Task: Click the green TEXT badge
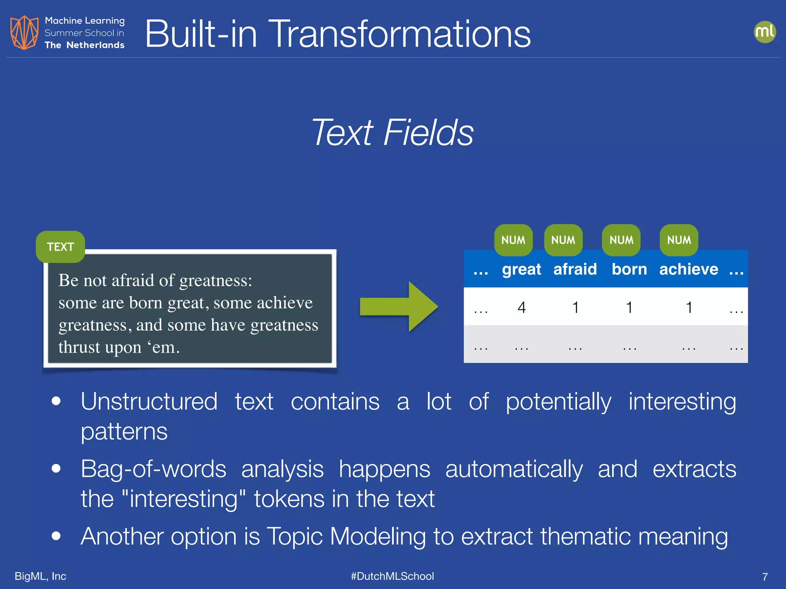[60, 247]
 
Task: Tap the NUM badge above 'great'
[513, 240]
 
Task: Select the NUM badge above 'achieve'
[679, 240]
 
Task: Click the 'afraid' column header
[575, 269]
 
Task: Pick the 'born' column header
[629, 269]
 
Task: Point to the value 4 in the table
[522, 307]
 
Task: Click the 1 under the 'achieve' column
[689, 307]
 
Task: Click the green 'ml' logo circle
[765, 32]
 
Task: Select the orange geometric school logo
[24, 33]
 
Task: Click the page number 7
[765, 577]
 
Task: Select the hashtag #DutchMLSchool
[392, 576]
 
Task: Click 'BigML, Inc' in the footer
[40, 576]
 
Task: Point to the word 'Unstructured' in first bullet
[149, 401]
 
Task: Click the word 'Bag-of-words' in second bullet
[154, 469]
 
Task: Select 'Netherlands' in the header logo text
[95, 45]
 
